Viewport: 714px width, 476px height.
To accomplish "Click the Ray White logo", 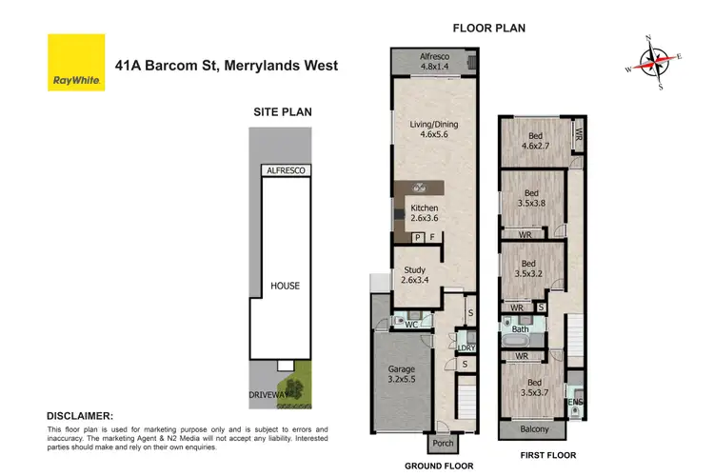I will (75, 63).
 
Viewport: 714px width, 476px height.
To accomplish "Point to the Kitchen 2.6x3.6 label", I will (425, 213).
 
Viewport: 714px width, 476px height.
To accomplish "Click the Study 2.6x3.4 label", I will (415, 274).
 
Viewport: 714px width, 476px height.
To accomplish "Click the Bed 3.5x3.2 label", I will (529, 268).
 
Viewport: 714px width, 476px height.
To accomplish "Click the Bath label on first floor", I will (519, 329).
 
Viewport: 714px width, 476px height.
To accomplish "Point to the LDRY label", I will (467, 348).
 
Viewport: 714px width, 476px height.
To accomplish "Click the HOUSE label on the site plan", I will (285, 286).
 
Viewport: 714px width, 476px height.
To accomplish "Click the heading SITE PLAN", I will (282, 112).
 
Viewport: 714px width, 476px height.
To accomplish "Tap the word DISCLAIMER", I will (81, 416).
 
